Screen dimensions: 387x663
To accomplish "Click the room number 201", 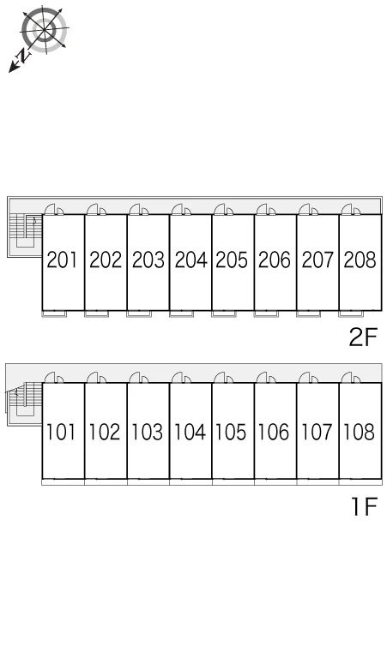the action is point(62,260).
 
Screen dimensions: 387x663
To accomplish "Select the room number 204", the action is point(191,260).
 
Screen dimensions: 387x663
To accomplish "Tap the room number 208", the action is point(360,260).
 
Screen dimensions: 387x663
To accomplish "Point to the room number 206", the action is point(275,260).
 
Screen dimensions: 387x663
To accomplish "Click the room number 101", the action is point(61,432).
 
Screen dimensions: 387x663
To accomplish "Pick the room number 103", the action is point(147,432).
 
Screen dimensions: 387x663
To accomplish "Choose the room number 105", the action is point(231,432).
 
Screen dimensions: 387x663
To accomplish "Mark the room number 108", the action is point(359,432).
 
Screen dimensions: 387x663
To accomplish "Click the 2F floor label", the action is point(362,337).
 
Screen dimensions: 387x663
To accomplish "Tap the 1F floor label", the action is point(365,506).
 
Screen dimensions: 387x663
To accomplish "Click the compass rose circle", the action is point(44,31).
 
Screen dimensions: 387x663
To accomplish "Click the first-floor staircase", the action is point(25,399).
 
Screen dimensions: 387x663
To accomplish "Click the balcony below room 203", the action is point(139,314).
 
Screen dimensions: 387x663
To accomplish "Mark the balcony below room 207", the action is point(308,314).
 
